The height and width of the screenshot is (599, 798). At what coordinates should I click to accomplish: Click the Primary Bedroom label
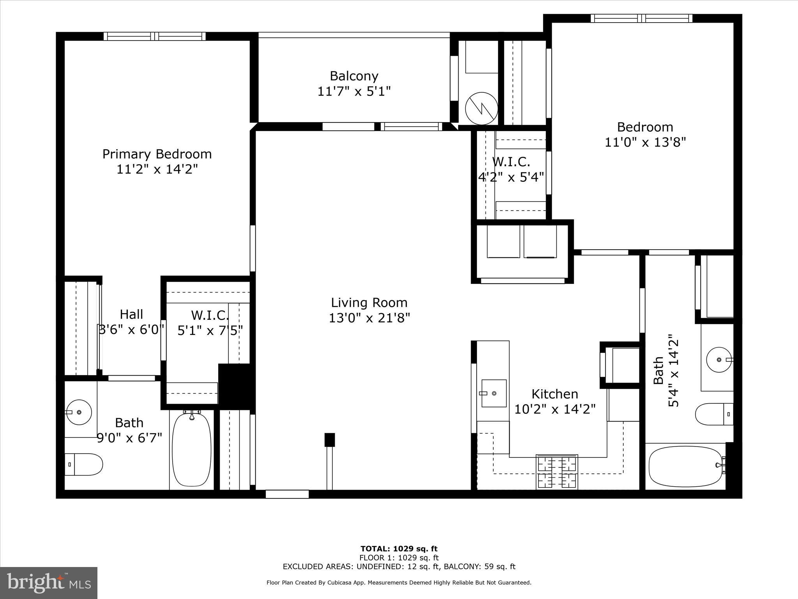pos(157,154)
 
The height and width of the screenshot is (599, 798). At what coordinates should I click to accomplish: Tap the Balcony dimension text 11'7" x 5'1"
pos(354,92)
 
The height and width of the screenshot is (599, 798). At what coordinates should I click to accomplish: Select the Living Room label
pos(369,303)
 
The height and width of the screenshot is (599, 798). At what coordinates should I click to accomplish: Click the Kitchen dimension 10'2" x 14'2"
pos(555,409)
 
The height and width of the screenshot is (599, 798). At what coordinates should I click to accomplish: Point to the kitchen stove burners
pos(557,472)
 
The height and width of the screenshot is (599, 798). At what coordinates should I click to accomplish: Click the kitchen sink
pos(494,393)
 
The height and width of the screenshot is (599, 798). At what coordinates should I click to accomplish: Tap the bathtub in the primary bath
pos(192,449)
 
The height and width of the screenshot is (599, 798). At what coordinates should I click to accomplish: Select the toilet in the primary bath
pos(83,464)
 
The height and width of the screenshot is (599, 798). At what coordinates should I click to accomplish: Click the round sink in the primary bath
pos(79,412)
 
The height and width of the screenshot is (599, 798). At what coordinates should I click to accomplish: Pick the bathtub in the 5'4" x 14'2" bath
pos(686,466)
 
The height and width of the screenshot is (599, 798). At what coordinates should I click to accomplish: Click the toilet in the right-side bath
pos(713,414)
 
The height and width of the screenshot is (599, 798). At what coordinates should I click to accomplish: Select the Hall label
pos(131,314)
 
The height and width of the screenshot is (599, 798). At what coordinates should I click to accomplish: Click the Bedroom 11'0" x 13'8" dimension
pos(645,142)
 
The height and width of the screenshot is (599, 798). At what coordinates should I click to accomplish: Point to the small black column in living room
pos(330,440)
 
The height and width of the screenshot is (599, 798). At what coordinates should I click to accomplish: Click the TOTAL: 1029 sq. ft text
pos(399,549)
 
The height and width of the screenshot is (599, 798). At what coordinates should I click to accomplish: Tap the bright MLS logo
pos(49,583)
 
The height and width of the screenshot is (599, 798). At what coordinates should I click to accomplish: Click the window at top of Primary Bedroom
pos(155,36)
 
